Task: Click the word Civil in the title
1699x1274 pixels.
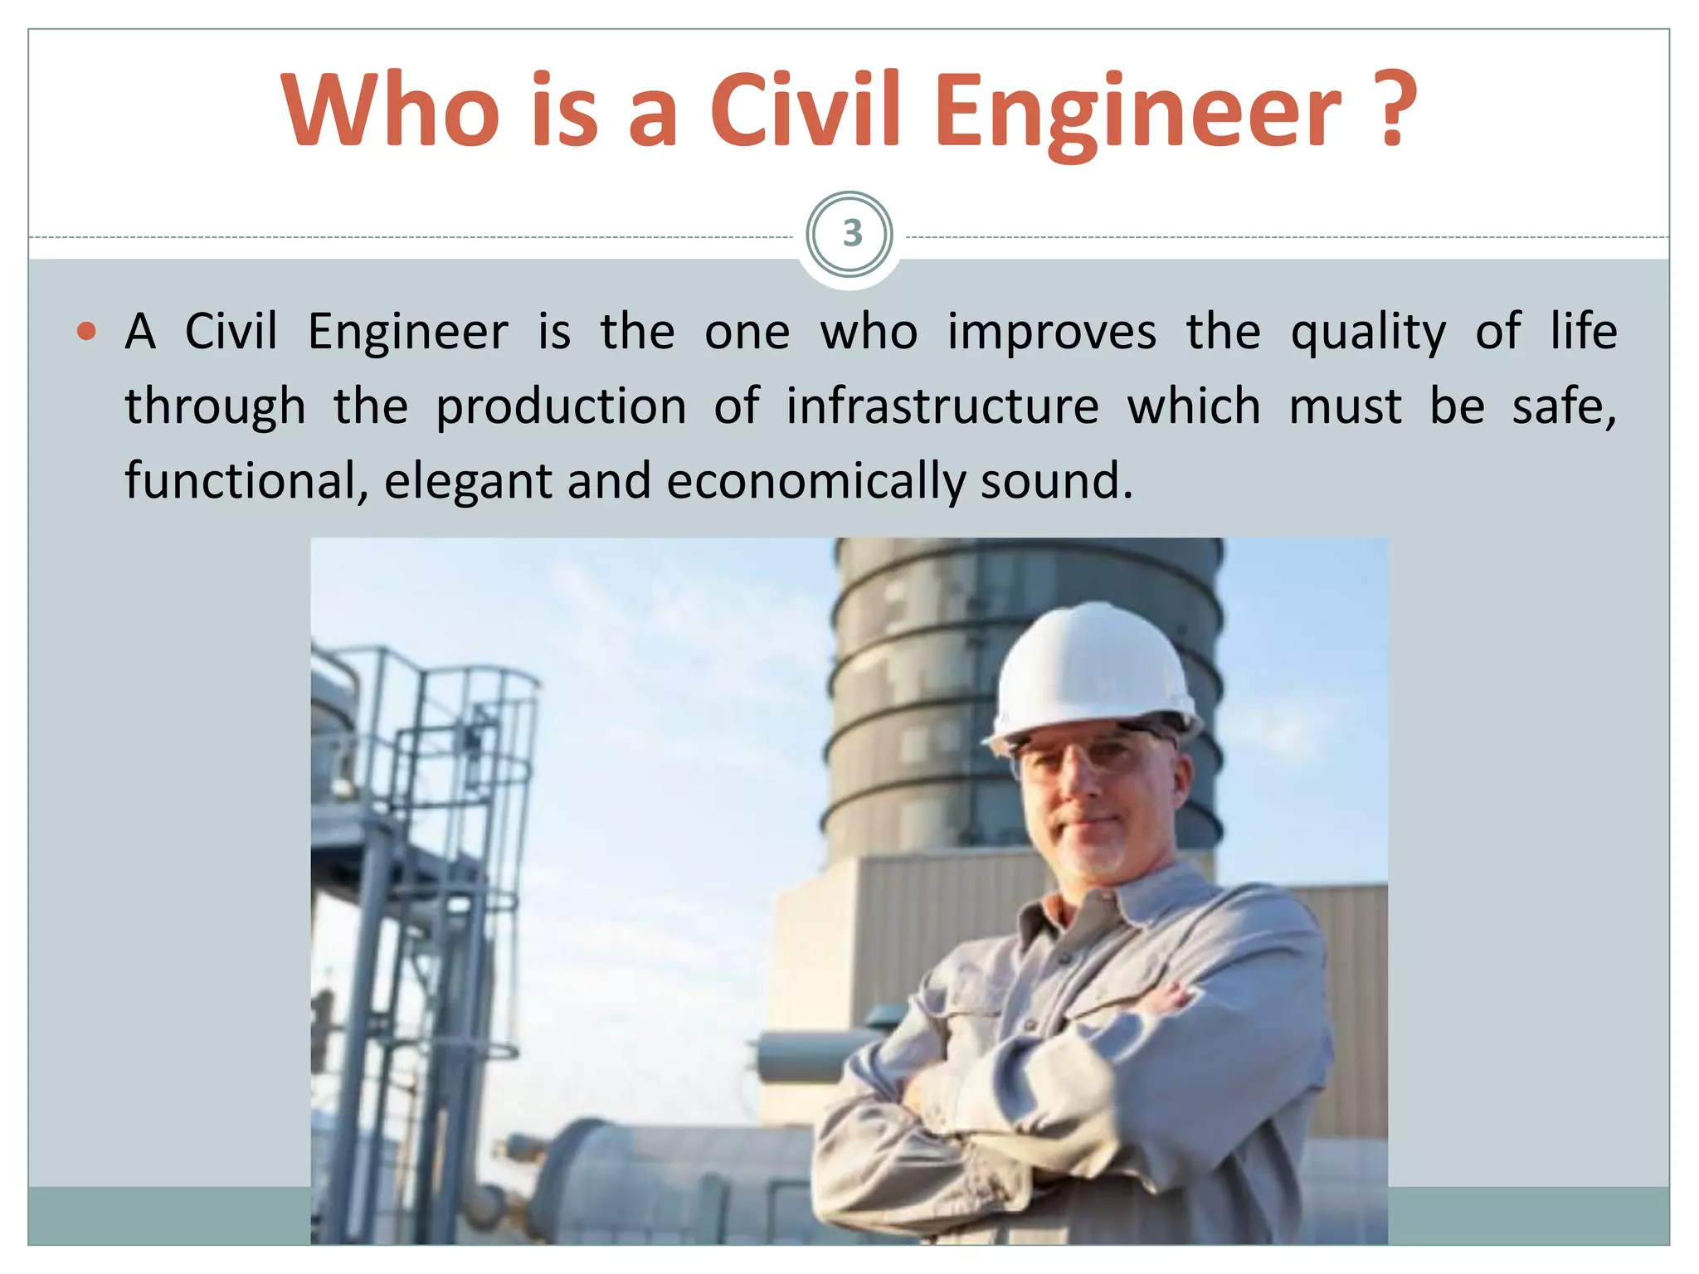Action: coord(805,110)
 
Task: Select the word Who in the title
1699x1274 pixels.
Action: coord(390,110)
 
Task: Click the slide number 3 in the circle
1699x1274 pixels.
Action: coord(850,234)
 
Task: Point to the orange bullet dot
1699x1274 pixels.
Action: coord(86,333)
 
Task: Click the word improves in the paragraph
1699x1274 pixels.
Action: coord(1051,332)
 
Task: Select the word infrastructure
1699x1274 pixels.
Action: coord(942,406)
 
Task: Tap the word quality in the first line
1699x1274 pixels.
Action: coord(1368,333)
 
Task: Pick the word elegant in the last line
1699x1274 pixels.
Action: coord(467,482)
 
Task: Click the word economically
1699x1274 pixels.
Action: coord(816,482)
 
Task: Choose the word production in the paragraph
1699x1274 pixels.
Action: coord(561,407)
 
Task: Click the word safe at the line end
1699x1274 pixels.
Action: coord(1562,406)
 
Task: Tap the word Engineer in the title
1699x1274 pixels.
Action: coord(1141,110)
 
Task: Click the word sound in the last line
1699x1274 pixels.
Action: coord(1055,481)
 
